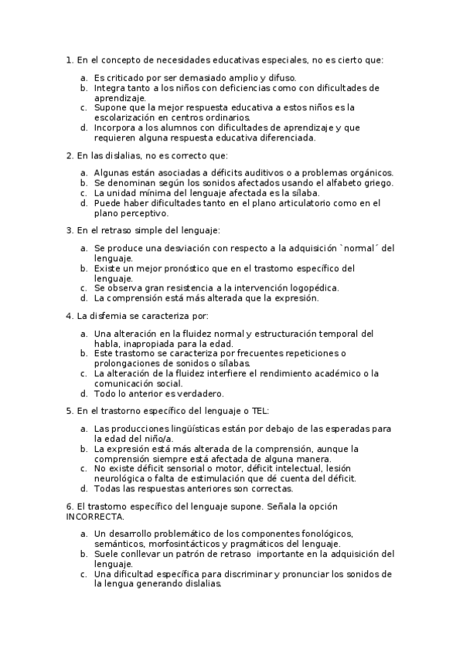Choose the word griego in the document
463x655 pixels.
pos(379,182)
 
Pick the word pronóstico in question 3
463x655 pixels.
pos(192,268)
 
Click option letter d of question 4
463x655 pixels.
pos(83,393)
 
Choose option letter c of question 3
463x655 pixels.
pos(83,287)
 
